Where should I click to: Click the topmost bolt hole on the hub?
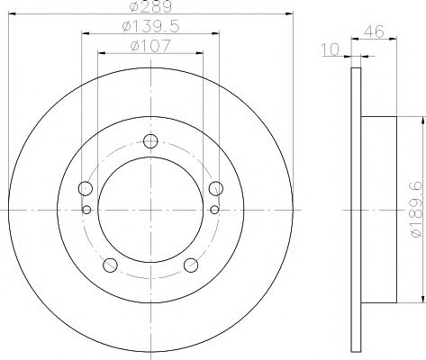(150, 140)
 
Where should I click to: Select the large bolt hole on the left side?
(86, 188)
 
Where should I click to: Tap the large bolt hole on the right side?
(215, 188)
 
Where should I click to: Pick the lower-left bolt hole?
(111, 265)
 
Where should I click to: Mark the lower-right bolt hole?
(190, 265)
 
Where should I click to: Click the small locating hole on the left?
(86, 211)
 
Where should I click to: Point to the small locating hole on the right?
(214, 211)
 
